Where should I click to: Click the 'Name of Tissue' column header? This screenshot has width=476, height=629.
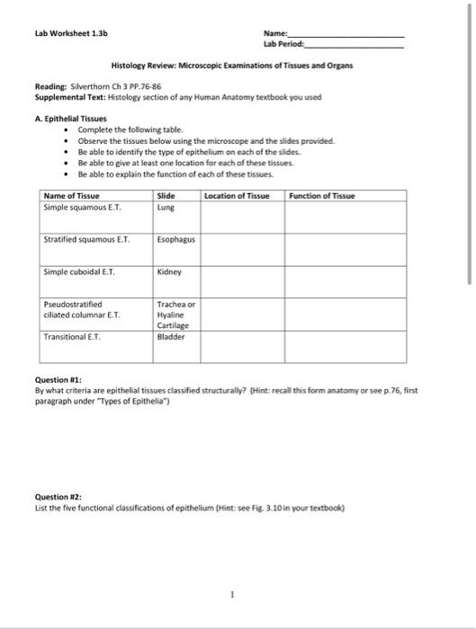click(x=72, y=196)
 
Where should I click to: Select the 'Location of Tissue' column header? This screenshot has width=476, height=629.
click(x=238, y=196)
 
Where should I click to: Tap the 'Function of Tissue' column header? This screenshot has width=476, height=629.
click(x=322, y=196)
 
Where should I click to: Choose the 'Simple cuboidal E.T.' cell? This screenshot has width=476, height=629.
click(x=79, y=270)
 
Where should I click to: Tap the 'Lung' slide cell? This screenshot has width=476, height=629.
click(x=165, y=207)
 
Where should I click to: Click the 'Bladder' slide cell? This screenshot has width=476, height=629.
click(x=170, y=338)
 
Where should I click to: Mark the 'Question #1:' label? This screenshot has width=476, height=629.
click(x=58, y=381)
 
